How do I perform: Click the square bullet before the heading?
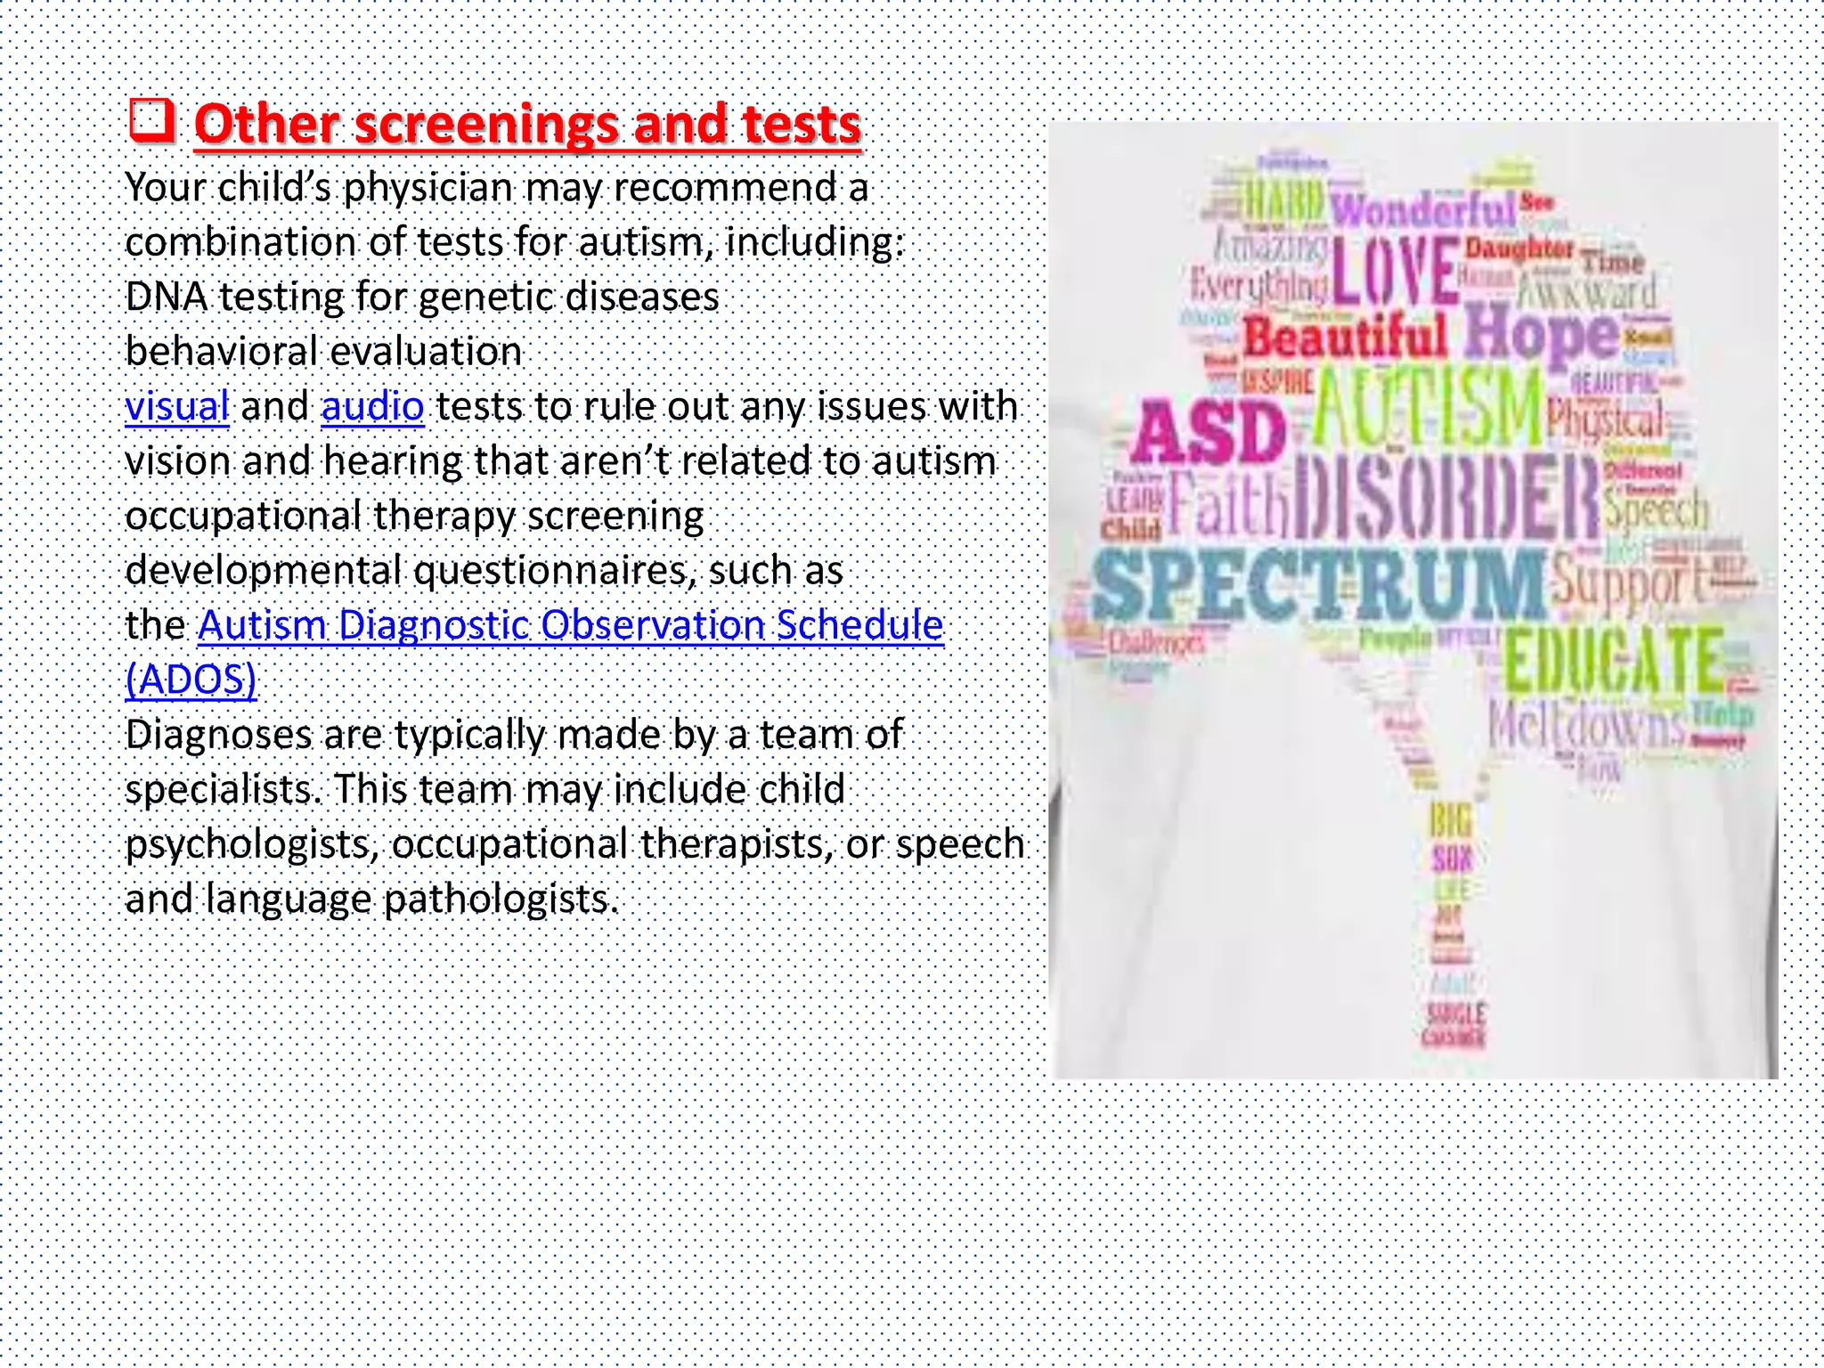pos(151,121)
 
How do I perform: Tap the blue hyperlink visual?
pos(177,406)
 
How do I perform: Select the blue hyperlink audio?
pos(372,406)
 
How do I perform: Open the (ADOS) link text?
pos(191,680)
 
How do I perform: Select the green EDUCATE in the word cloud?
pos(1613,661)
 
